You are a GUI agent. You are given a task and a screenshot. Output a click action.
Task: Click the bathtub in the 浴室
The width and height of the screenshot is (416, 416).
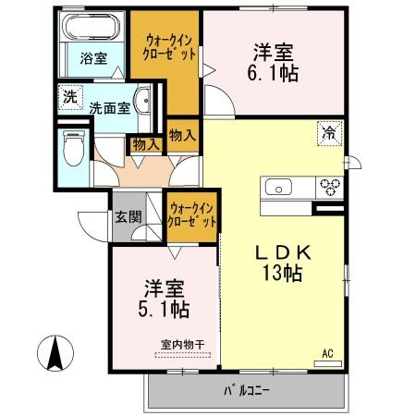(91, 28)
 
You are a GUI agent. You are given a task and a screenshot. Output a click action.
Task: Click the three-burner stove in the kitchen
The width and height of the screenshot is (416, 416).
(330, 187)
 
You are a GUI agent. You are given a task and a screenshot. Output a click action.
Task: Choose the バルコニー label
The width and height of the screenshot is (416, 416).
(244, 390)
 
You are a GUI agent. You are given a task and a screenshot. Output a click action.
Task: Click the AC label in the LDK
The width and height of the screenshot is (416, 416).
(328, 353)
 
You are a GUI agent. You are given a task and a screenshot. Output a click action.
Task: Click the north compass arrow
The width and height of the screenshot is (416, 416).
(55, 355)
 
